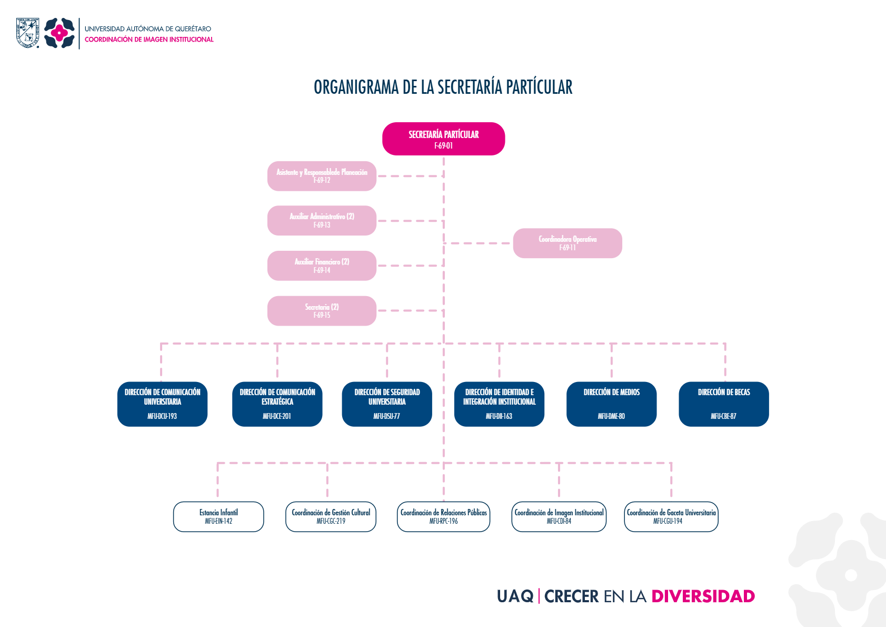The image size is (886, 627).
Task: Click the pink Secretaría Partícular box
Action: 443,139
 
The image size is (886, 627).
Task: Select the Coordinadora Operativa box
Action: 568,243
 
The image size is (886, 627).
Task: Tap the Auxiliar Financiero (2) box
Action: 322,266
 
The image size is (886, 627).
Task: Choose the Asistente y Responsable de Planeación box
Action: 322,176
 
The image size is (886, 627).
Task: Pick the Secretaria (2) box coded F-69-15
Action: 322,311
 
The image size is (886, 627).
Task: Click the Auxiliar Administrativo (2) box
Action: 322,221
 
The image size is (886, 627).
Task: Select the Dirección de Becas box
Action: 723,404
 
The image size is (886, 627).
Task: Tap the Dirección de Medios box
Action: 611,404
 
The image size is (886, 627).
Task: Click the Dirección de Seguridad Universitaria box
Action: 387,404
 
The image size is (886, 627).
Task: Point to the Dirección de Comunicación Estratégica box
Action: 277,404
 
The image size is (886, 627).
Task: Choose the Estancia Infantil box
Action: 218,516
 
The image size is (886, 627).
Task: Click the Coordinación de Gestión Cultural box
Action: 331,516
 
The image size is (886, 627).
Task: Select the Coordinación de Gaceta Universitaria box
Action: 671,516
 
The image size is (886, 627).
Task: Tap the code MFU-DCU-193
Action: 162,416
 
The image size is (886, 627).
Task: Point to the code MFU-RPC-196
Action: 443,521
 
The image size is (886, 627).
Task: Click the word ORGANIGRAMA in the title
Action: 356,87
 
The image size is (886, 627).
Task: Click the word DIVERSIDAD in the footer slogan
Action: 703,596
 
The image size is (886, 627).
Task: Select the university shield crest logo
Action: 27,33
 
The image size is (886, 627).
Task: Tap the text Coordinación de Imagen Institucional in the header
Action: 149,40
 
